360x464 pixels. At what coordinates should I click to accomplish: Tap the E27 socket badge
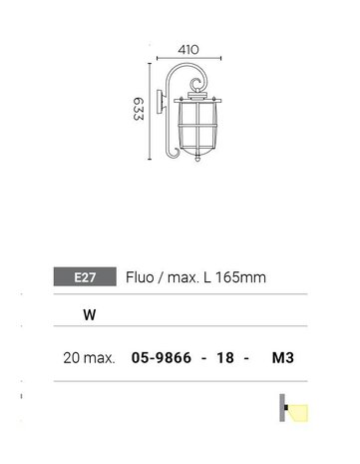[x=86, y=276]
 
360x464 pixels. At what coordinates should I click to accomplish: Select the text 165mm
[x=242, y=276]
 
